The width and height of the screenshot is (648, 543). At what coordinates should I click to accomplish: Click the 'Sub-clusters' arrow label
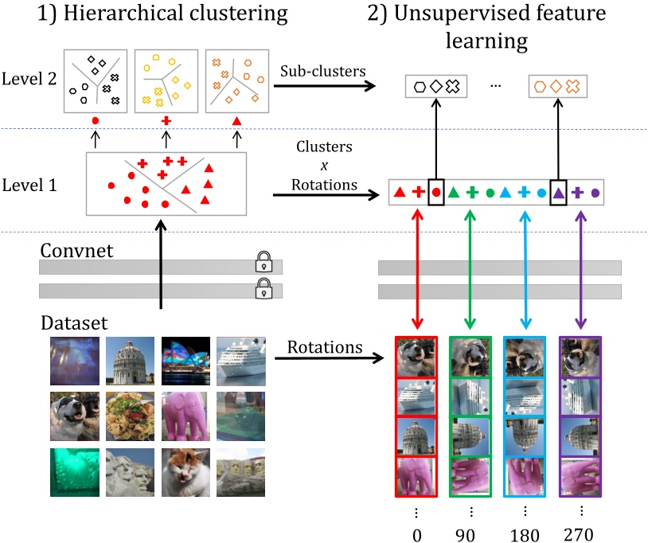(322, 72)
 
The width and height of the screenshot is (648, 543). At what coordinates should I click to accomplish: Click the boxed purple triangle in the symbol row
(558, 192)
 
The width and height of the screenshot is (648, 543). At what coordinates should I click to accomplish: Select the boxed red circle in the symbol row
(435, 192)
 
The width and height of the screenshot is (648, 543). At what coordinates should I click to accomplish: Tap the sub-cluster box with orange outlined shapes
(556, 86)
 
